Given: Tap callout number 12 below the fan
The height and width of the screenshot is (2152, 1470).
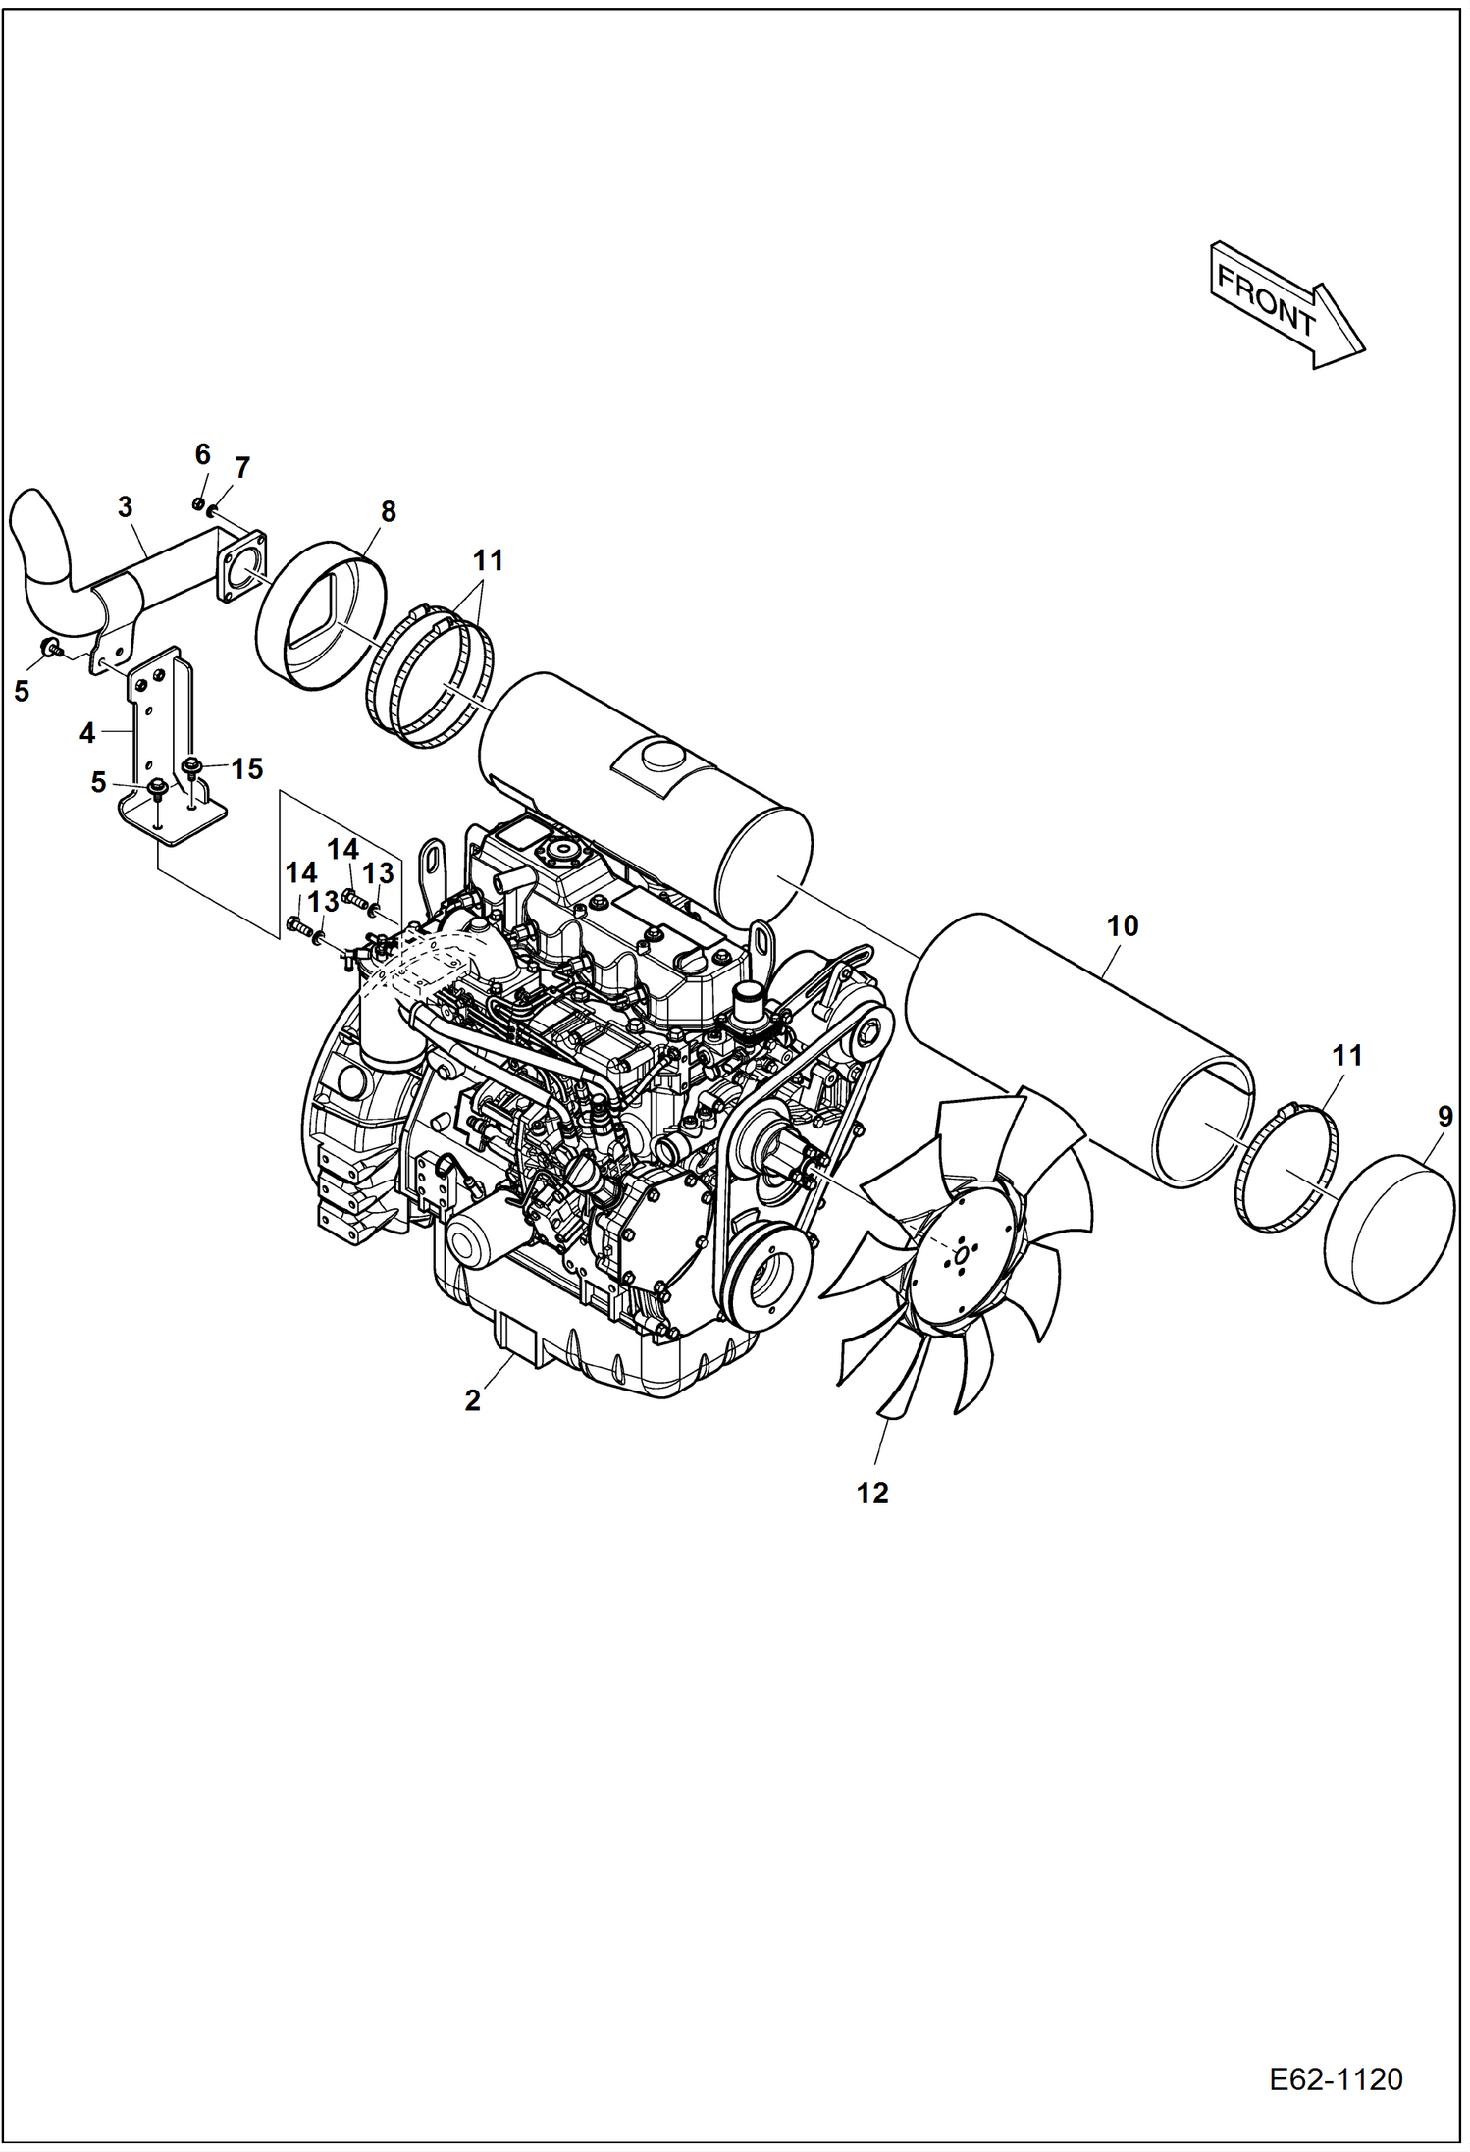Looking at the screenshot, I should point(871,1493).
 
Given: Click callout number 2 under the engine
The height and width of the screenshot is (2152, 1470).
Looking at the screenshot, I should point(472,1400).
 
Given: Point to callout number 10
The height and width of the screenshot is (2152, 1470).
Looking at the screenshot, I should point(1122,925).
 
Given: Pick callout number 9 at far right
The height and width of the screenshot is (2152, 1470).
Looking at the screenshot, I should point(1444,1116).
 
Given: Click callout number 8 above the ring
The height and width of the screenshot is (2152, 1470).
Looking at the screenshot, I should point(389,511).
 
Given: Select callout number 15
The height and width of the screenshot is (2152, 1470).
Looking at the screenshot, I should point(247,768).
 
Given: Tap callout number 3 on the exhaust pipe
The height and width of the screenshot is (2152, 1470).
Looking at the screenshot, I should point(125,507).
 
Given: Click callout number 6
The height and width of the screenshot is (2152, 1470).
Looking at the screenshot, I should point(202,454).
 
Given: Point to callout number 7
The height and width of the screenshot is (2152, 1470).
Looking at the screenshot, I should point(242,468).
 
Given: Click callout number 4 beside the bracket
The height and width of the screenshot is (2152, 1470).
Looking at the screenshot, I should point(87,732).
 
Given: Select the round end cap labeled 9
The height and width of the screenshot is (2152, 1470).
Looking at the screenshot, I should point(1389,1233).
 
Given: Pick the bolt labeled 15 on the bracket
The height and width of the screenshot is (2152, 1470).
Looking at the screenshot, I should point(192,766).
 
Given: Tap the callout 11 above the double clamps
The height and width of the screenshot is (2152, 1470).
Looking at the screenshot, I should point(488,561).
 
